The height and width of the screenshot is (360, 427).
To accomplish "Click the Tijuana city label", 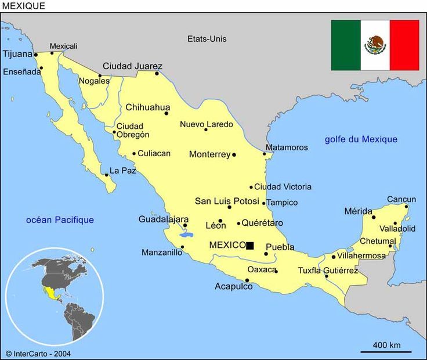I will click(x=18, y=54).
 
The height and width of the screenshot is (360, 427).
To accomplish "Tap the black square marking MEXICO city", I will click(x=250, y=246).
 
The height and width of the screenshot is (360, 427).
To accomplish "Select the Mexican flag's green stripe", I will click(x=346, y=45).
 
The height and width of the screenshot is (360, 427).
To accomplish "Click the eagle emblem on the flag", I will click(x=375, y=45).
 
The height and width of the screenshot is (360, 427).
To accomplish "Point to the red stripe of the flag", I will click(x=404, y=45).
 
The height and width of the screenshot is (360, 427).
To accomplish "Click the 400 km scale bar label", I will click(x=386, y=345).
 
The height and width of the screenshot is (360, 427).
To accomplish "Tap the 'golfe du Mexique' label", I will click(x=361, y=139).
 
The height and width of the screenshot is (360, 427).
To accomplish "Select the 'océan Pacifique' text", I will click(x=60, y=220).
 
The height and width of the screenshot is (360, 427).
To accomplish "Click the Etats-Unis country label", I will click(x=207, y=39).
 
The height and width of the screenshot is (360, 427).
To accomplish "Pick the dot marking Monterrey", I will click(x=234, y=155).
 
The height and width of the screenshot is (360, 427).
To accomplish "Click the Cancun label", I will click(x=401, y=200).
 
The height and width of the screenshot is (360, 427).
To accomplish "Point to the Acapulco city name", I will click(x=233, y=286).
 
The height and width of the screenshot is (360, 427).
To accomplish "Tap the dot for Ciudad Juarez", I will click(x=157, y=73).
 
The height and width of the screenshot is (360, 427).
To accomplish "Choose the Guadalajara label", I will click(x=163, y=219).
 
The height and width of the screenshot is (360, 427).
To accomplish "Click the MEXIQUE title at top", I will click(x=24, y=6).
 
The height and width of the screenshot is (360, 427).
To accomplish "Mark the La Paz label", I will click(x=122, y=171).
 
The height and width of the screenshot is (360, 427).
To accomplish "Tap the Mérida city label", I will click(x=358, y=211).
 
